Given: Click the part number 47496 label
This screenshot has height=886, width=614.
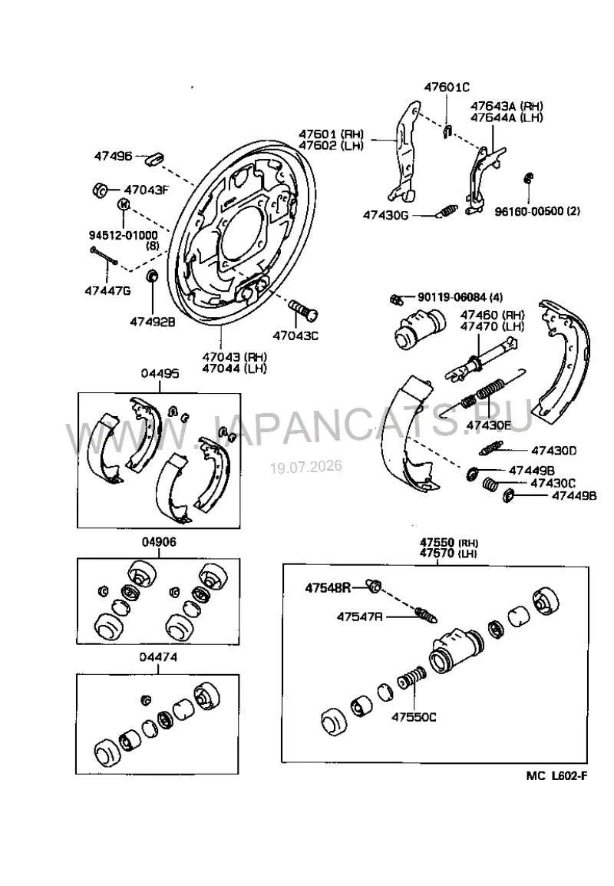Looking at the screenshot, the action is [x=113, y=156].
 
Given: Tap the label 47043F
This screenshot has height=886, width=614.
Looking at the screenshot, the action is [x=146, y=190].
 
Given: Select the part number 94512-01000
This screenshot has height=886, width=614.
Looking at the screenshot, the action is [x=123, y=234].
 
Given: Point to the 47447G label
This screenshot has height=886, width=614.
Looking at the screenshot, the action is [x=107, y=290].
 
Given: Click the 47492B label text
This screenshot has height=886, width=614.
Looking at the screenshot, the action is [x=153, y=322].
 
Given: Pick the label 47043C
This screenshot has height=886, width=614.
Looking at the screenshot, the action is [x=295, y=336].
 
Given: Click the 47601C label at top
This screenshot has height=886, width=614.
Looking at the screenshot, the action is [x=447, y=87].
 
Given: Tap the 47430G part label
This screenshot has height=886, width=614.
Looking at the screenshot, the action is [x=385, y=215].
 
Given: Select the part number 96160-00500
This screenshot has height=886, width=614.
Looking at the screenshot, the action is [x=530, y=211].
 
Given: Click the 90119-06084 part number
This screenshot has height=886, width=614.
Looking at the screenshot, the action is [x=452, y=297].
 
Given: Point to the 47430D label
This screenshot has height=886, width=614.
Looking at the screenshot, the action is [x=553, y=451].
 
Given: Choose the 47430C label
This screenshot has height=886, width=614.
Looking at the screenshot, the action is [x=553, y=483].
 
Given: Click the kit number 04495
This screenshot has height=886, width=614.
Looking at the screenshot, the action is [x=160, y=373].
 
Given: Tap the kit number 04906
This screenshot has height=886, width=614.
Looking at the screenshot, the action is [x=159, y=542].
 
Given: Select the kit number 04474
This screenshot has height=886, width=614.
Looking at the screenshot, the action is [x=159, y=657].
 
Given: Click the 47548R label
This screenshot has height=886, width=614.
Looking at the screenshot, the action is [x=328, y=588].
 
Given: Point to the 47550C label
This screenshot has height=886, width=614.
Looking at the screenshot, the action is [x=414, y=717].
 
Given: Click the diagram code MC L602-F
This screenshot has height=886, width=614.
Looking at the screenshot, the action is [x=556, y=775].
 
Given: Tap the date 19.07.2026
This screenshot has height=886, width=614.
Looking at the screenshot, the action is [x=305, y=467].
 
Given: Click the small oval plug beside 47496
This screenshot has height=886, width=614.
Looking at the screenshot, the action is [x=154, y=157].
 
